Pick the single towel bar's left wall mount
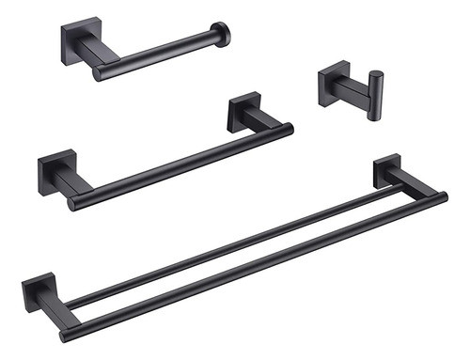point(53,173)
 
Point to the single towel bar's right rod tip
point(288,128)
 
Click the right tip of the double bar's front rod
point(442,197)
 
